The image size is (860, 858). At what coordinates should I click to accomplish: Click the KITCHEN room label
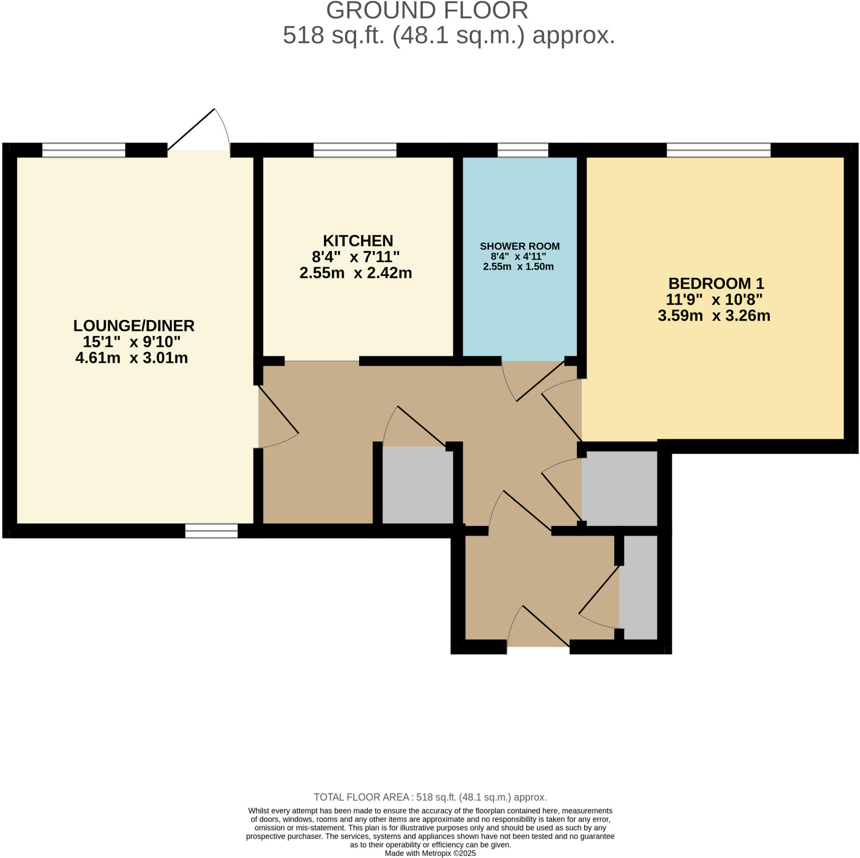pos(358,241)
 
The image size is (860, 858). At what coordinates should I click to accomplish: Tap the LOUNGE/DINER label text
pos(134,326)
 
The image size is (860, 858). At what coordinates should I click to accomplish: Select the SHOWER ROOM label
pos(519,246)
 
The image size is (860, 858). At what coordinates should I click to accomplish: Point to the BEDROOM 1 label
pos(716,283)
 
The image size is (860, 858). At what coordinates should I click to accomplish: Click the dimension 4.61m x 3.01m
pos(132,358)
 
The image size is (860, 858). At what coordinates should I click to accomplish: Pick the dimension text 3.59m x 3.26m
pos(714,316)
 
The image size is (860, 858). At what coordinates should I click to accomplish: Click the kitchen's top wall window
pos(355,150)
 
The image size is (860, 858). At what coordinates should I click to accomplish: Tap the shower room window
pos(522,150)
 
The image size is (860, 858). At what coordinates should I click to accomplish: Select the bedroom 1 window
pos(718,150)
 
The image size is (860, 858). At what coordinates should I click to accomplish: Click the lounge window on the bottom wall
pos(212,531)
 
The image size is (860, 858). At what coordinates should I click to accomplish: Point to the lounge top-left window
pos(84,150)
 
